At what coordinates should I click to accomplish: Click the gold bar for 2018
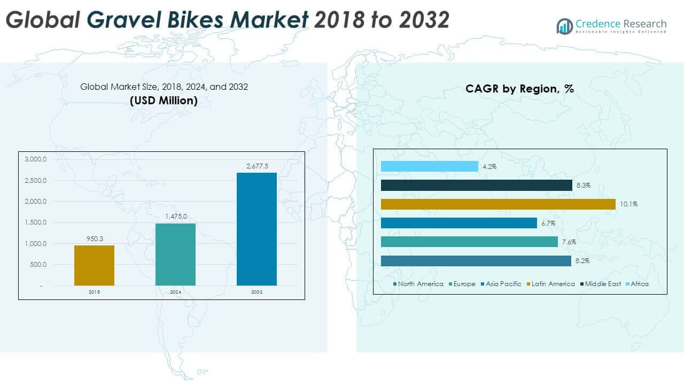[94, 265]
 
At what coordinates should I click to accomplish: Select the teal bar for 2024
[175, 254]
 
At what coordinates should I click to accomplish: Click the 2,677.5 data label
[256, 167]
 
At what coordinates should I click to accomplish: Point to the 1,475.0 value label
[175, 217]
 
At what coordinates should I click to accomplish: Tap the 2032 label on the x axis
[256, 292]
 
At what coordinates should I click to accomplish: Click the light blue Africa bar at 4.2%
[430, 167]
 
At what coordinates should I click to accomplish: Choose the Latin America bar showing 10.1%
[498, 204]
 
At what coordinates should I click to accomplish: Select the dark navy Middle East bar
[477, 186]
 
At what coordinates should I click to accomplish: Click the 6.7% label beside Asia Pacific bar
[548, 223]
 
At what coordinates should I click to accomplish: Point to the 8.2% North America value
[582, 261]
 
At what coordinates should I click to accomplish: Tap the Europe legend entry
[462, 284]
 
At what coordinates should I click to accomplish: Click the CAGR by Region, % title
[519, 89]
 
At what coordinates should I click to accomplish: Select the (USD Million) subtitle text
[164, 101]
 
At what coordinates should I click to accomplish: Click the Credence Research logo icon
[564, 26]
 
